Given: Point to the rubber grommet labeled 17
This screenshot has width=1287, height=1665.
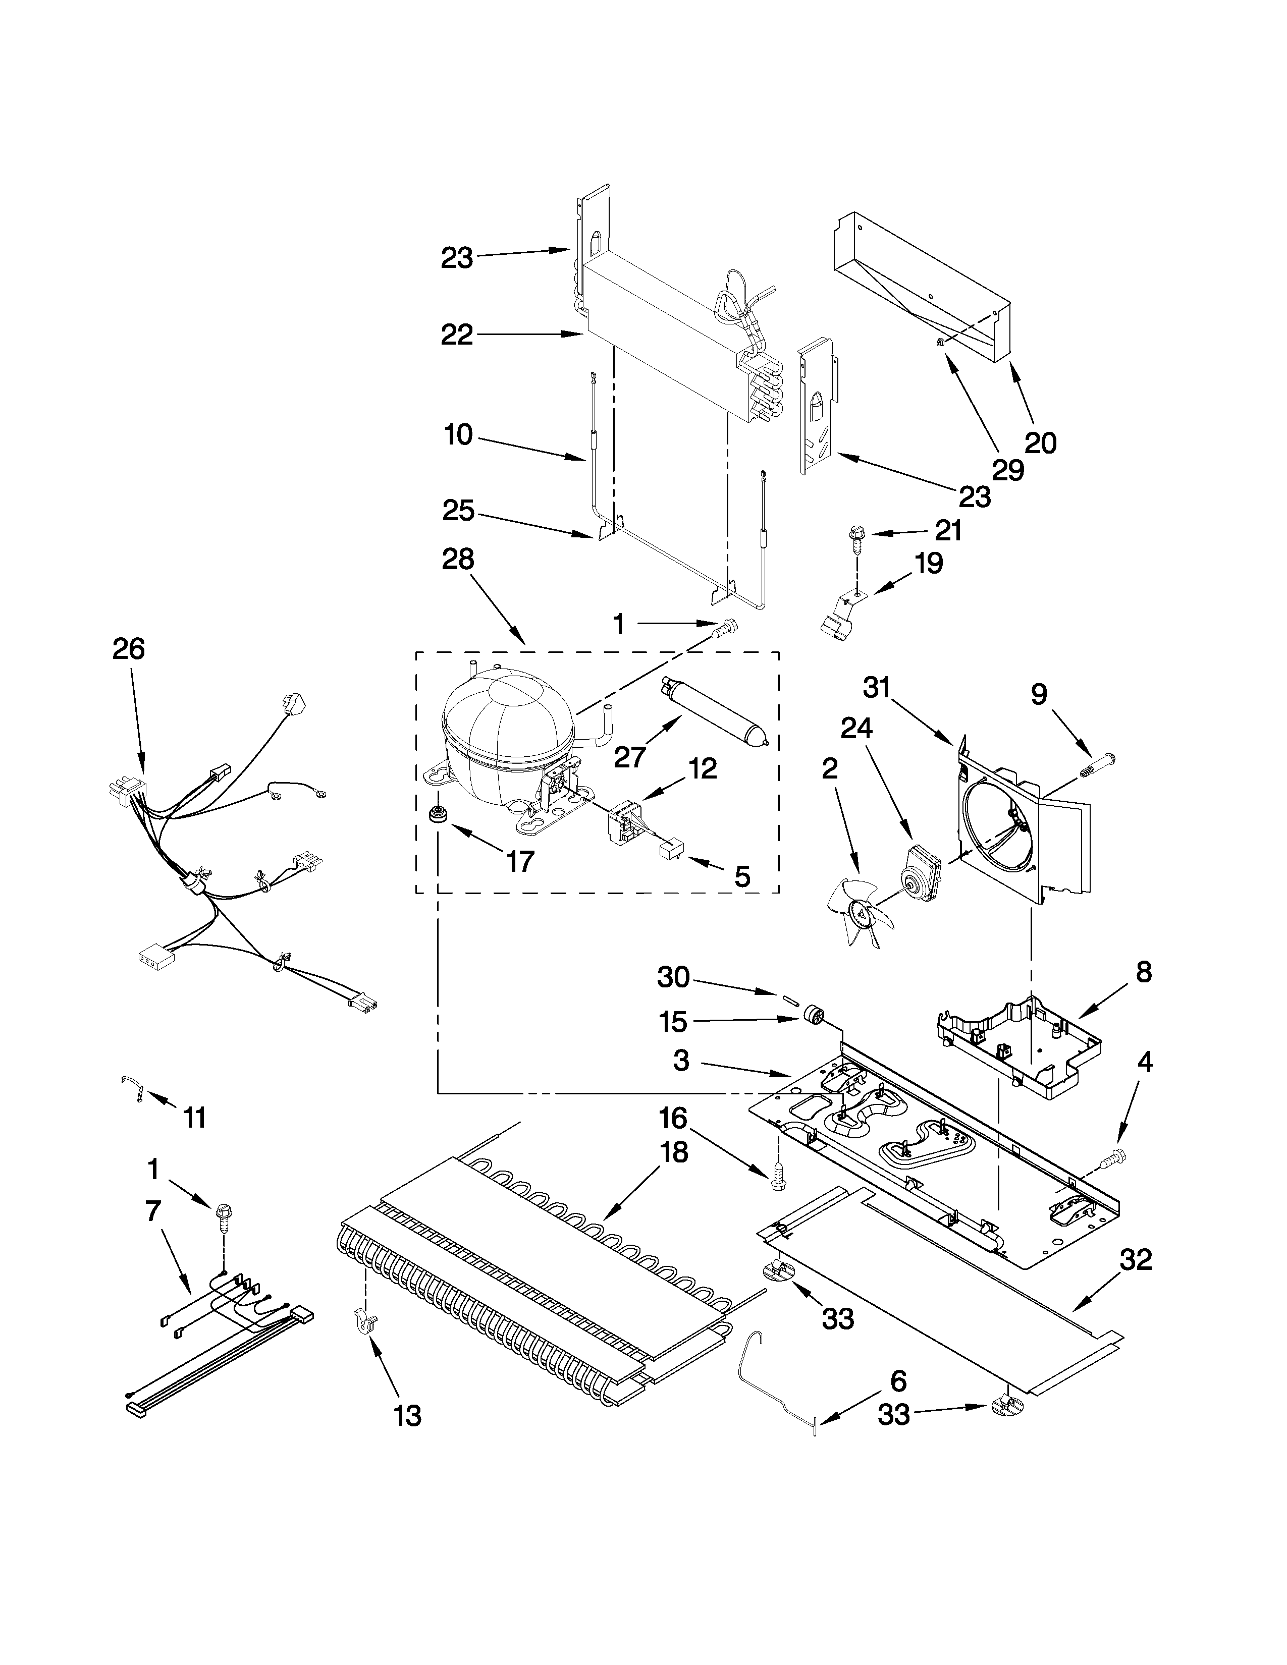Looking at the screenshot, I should click(x=439, y=813).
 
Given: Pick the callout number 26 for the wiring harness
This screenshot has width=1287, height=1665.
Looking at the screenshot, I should click(x=128, y=649).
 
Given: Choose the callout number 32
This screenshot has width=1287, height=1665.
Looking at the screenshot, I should click(x=1135, y=1260).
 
